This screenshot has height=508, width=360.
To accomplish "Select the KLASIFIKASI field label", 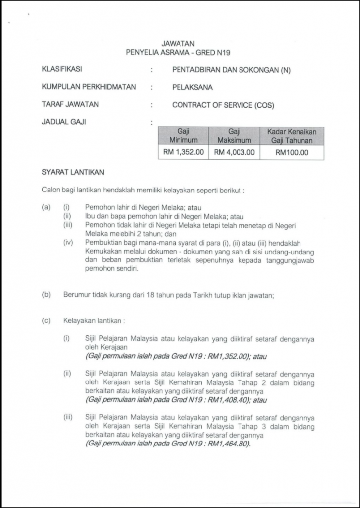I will pos(62,70).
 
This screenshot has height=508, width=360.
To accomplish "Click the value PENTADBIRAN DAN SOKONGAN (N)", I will pos(231,70).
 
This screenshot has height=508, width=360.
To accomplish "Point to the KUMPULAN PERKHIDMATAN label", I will pos(89,87).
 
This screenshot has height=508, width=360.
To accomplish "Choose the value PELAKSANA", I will pos(192,88).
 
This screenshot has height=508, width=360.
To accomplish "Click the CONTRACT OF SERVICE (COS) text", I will pos(223,105).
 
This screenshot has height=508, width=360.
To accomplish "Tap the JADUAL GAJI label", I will pos(64,122).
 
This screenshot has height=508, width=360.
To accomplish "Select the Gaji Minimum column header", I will pos(183,135).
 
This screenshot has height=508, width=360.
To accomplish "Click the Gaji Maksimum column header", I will pos(234,135).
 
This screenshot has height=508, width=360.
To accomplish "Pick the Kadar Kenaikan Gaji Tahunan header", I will pos(292,135).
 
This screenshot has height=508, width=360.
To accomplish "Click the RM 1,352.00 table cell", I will pos(183,152).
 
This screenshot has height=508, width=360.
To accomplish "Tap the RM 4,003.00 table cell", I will pos(235,152).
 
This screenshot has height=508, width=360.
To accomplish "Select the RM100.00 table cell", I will pos(292,153).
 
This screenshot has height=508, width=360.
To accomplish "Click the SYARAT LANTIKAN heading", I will pos(73,172).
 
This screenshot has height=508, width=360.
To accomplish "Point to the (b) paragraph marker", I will pos(47,295).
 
